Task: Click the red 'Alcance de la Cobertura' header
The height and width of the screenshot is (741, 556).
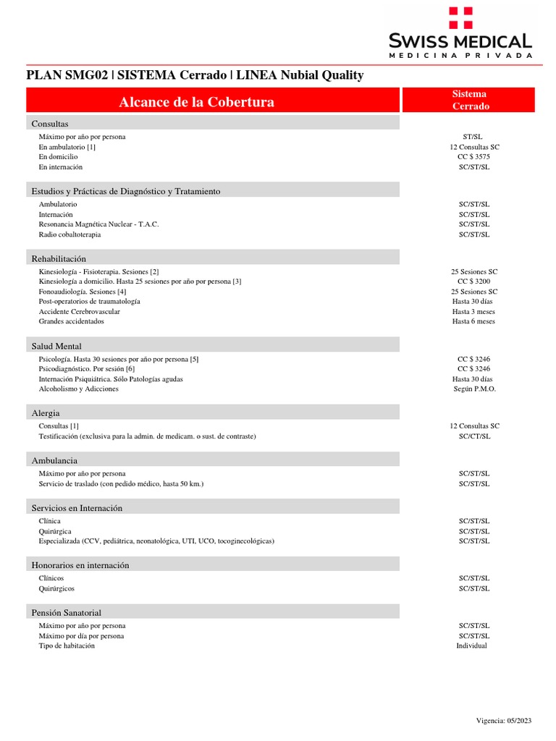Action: (196, 102)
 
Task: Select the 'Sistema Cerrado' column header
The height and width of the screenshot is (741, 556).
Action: (470, 100)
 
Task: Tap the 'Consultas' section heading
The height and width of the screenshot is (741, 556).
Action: (50, 124)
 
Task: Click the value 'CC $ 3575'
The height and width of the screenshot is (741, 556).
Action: (474, 157)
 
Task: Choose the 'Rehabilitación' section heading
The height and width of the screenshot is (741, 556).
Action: (59, 258)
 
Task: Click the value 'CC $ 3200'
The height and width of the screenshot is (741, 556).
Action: (474, 281)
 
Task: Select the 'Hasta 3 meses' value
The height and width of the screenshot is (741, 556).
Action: (473, 312)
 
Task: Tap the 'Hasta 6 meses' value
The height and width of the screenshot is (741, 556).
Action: (473, 321)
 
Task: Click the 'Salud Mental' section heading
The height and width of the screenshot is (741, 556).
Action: (56, 347)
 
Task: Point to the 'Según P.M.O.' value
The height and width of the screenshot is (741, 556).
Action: (474, 389)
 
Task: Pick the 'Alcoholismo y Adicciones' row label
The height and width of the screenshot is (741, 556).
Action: (78, 389)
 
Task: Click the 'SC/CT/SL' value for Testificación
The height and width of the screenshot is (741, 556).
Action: (474, 436)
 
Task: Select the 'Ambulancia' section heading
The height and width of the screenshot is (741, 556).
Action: (54, 460)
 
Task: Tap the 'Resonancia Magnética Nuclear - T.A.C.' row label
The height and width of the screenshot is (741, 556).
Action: (98, 224)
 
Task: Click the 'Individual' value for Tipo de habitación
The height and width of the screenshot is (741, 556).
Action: (471, 645)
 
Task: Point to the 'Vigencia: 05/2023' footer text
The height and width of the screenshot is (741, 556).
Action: (504, 721)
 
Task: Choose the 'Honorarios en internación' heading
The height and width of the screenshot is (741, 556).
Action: (80, 565)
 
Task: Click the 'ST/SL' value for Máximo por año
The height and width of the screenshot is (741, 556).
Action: (474, 137)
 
